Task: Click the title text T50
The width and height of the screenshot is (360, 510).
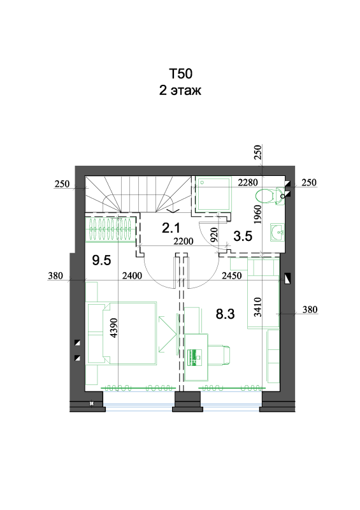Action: tap(180, 74)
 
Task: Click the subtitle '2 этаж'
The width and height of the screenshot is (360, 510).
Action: tap(180, 90)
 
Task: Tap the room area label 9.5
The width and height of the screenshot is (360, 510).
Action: tap(101, 260)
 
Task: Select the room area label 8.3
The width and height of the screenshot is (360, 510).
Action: tap(225, 314)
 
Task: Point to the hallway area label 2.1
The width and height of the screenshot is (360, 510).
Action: tap(171, 228)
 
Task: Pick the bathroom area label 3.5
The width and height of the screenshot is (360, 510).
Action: tap(243, 236)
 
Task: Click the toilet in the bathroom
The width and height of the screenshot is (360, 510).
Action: tap(270, 196)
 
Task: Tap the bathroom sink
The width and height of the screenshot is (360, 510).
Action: tap(277, 233)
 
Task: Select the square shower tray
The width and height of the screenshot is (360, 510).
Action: tap(214, 193)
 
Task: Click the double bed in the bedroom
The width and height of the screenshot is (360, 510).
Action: tap(130, 333)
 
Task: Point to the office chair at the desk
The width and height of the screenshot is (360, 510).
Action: tap(219, 354)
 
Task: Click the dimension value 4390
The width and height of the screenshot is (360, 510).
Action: tap(113, 328)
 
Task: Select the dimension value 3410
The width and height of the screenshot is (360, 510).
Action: tap(257, 307)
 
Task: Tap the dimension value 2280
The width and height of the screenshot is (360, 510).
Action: tap(248, 182)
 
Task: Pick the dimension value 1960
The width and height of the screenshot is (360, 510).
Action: tap(257, 214)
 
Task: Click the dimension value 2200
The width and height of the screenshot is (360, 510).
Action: tap(184, 242)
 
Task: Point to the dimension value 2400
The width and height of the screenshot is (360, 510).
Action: tap(132, 276)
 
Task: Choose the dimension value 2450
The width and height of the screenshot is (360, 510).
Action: tap(231, 276)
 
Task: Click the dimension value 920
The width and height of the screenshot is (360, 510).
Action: tap(213, 235)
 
